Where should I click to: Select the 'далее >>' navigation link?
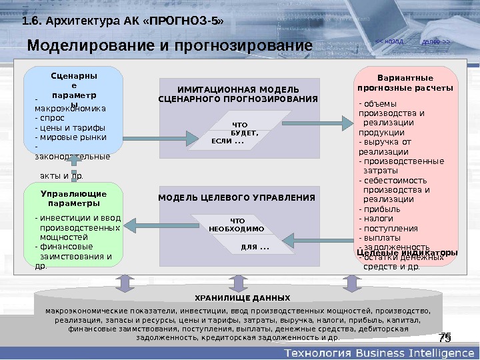click(437, 42)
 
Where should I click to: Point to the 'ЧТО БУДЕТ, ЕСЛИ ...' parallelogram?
click(237, 132)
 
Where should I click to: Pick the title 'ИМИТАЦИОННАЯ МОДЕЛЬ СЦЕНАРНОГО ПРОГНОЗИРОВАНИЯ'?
click(238, 94)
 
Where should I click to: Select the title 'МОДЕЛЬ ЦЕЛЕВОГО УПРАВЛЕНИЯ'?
click(237, 197)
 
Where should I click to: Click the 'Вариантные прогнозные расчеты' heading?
click(405, 83)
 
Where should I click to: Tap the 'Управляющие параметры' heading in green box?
click(73, 198)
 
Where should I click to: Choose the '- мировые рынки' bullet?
click(65, 138)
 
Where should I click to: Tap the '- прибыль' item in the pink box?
click(375, 208)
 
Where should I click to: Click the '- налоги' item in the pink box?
click(374, 218)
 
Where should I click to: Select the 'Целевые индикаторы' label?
click(407, 253)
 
